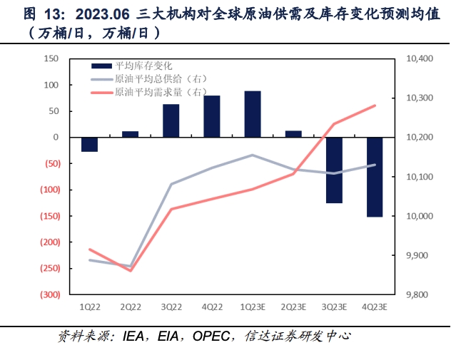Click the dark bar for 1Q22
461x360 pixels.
point(89,144)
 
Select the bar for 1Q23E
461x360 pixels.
point(252,114)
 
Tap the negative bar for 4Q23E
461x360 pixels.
point(375,177)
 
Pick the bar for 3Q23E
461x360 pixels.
point(334,170)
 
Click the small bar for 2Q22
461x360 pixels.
point(130,133)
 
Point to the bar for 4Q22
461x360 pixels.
point(211,116)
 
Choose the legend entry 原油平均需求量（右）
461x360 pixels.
point(153,92)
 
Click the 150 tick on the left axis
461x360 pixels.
point(51,58)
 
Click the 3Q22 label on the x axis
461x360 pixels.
point(171,307)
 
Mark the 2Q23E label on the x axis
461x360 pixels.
point(293,307)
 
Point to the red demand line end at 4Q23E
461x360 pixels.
point(375,106)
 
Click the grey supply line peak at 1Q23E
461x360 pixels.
point(252,155)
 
